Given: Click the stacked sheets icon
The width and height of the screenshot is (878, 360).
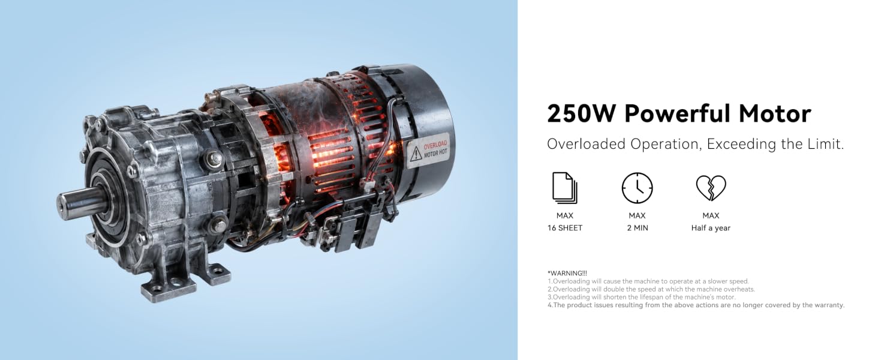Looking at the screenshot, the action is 565,188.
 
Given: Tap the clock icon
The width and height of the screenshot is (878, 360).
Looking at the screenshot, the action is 637,188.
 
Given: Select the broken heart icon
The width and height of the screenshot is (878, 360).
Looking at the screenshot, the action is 711,188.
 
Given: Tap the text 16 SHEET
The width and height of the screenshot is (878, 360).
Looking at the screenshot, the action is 565,228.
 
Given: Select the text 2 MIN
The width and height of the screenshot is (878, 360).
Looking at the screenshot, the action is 638,228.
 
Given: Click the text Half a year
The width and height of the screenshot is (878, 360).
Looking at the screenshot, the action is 711,228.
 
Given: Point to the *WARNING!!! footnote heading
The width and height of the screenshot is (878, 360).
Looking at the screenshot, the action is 567,273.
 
